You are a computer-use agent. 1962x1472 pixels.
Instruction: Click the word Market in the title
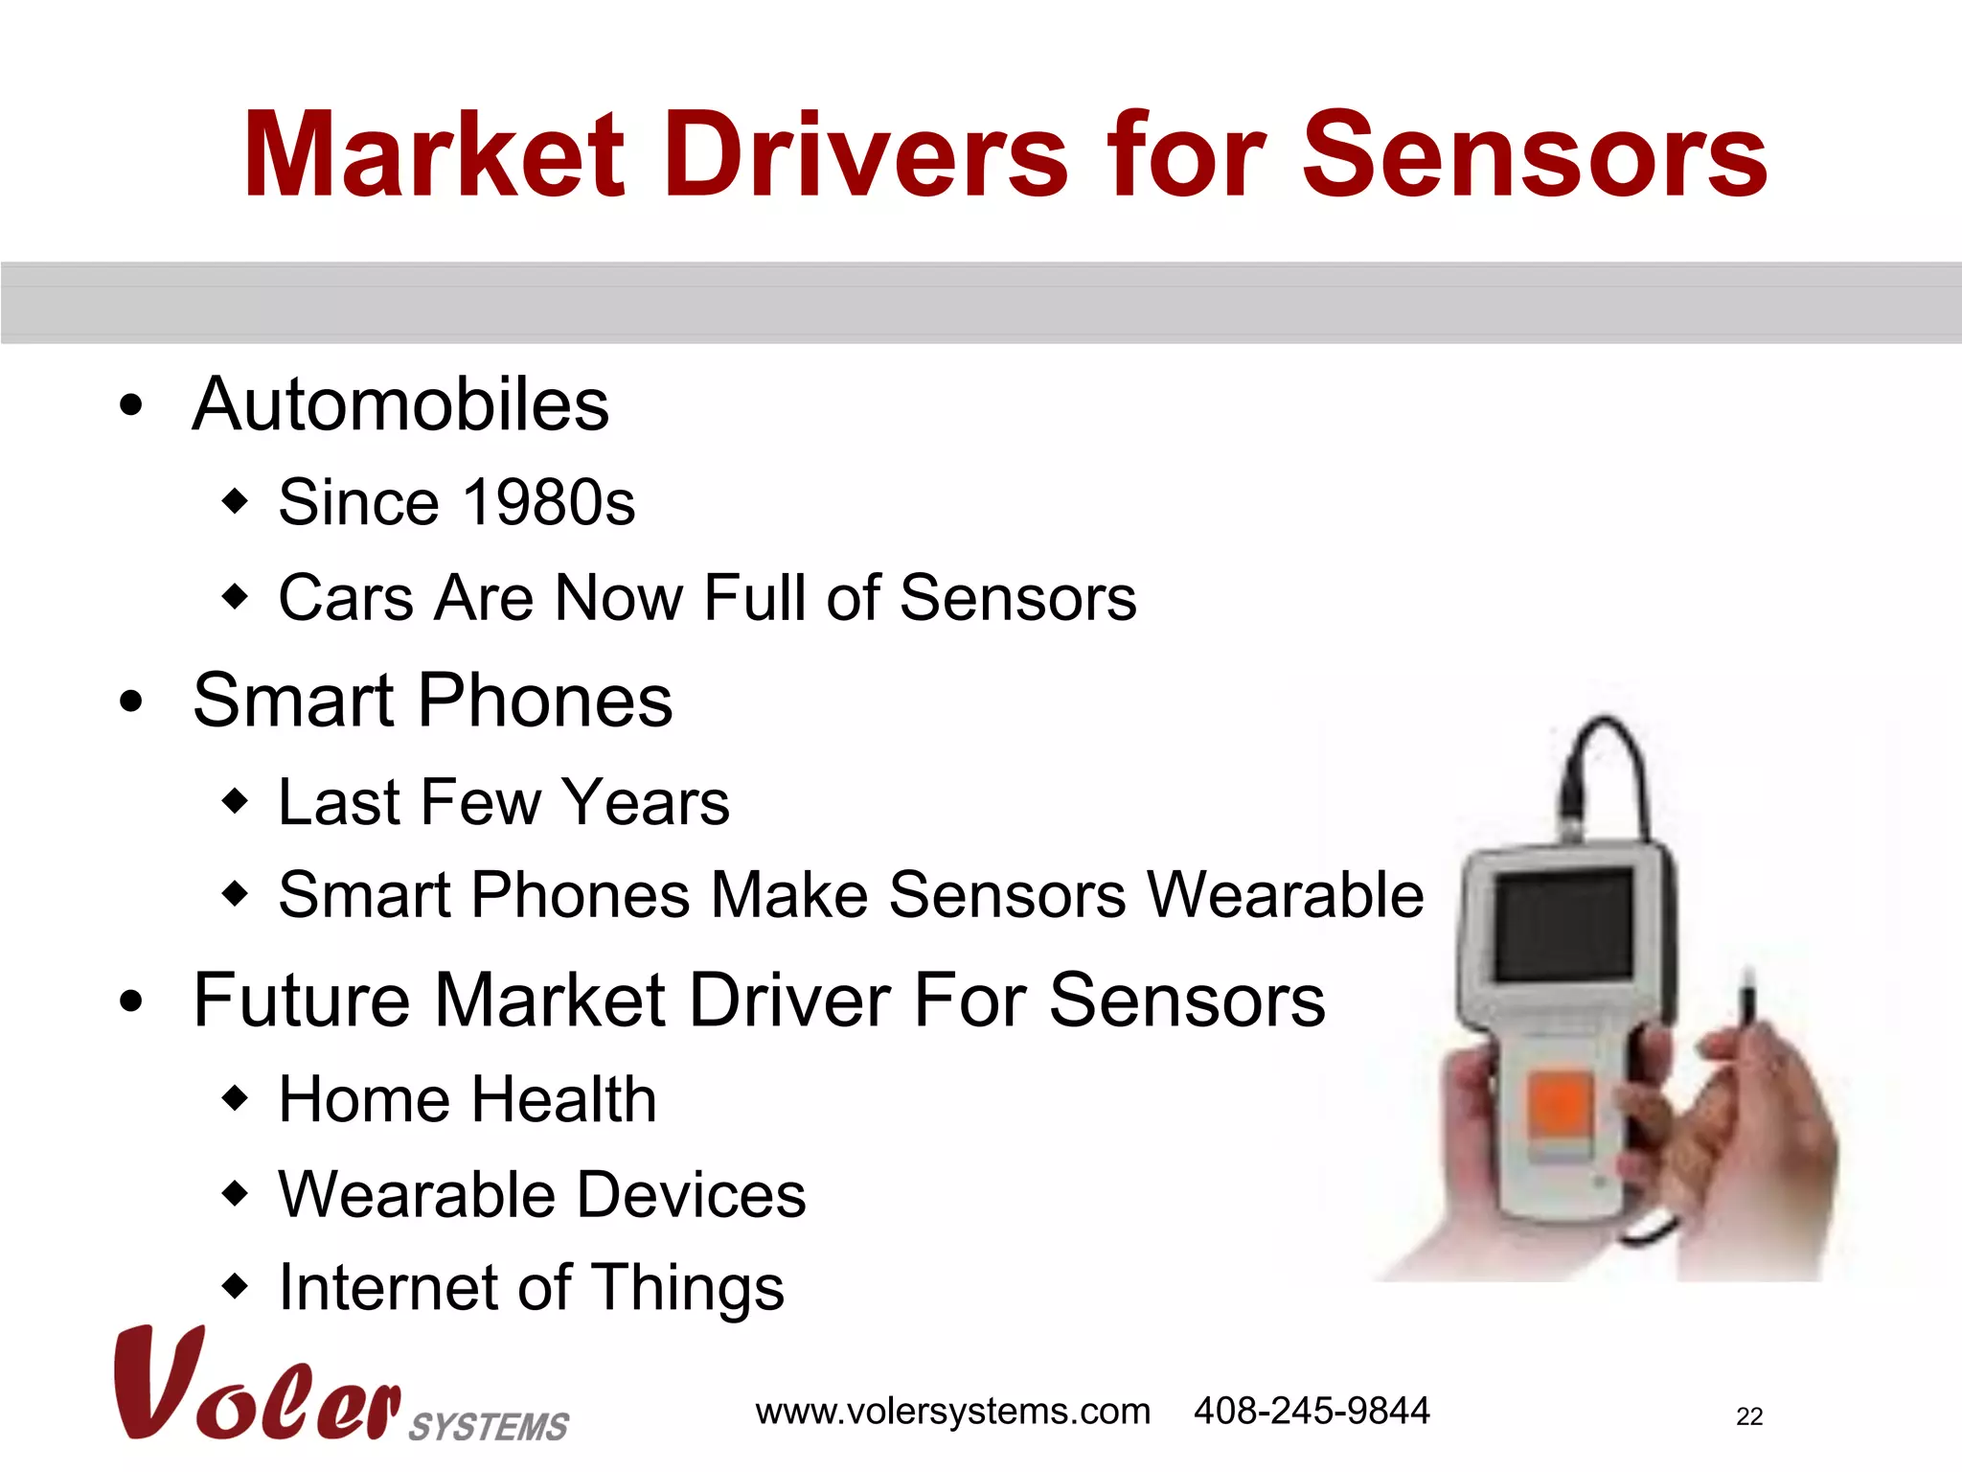click(433, 155)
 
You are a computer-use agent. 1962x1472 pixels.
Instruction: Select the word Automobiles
click(400, 404)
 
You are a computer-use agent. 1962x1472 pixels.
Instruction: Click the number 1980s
click(548, 502)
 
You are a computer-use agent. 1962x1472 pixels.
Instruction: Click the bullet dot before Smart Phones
click(131, 702)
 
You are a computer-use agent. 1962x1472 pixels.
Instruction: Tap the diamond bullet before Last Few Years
click(235, 800)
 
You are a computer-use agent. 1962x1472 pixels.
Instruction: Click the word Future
click(302, 1000)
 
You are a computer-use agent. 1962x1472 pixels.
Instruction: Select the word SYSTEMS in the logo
click(489, 1427)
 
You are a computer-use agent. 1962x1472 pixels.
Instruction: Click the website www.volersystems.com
click(952, 1412)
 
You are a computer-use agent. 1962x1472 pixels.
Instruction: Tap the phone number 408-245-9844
click(1311, 1412)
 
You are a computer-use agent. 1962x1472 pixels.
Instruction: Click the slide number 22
click(1748, 1416)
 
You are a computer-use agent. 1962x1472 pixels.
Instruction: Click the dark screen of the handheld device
click(1563, 924)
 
